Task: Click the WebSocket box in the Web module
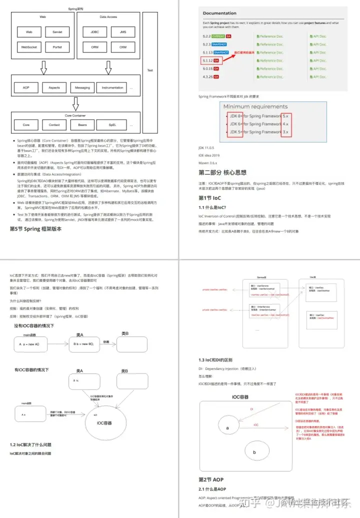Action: (29, 47)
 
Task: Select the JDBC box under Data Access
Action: (94, 32)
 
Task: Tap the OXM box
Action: (122, 47)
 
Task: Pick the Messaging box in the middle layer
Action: (82, 87)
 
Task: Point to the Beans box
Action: (82, 124)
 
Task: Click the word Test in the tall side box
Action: (150, 70)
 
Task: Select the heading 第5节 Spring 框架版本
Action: (36, 229)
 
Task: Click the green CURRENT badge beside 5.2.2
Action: (218, 36)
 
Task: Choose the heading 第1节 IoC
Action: (212, 198)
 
